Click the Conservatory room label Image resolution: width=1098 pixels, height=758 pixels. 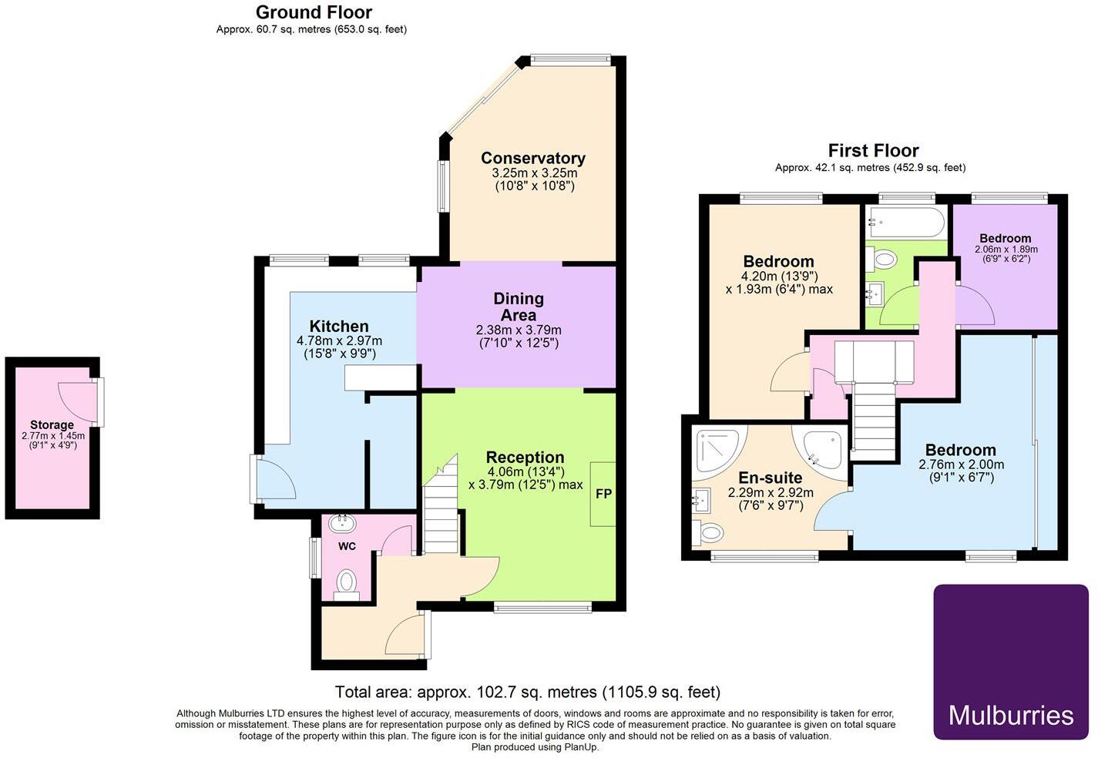(533, 158)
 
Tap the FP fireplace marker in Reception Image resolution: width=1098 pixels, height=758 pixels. (603, 494)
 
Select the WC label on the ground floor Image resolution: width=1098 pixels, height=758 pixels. (347, 546)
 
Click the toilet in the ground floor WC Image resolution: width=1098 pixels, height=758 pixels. (348, 582)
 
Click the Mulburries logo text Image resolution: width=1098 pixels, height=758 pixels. (1011, 715)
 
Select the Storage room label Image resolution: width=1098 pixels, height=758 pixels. (52, 424)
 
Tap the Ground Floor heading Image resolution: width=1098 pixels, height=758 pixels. (314, 12)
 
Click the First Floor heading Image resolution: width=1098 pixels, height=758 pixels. (873, 150)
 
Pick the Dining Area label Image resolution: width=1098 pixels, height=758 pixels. (519, 307)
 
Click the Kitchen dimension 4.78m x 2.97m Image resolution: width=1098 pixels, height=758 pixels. (339, 340)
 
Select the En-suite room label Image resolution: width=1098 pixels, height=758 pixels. (770, 478)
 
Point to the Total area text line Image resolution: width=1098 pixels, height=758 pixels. (527, 692)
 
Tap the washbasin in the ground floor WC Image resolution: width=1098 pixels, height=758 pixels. (342, 524)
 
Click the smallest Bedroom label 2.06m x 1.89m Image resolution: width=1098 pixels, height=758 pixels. (1006, 239)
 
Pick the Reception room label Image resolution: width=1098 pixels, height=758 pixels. (525, 457)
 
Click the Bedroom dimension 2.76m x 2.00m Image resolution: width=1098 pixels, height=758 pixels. (961, 465)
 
